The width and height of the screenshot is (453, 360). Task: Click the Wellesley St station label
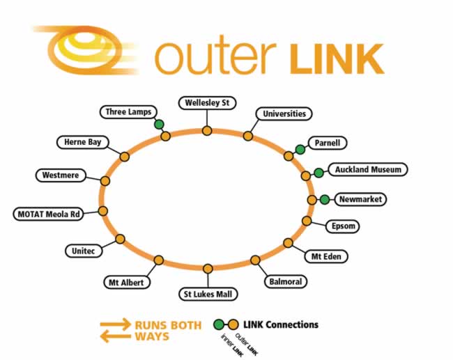coord(207,103)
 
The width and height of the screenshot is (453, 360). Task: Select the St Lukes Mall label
coord(207,294)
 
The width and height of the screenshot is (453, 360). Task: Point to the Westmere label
coord(60,175)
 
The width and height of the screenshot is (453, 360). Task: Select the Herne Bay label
coord(82,142)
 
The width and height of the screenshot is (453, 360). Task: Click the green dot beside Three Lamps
coord(159,125)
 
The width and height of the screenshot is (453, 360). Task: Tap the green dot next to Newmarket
coord(324,200)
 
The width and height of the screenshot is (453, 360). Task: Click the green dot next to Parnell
coord(300,148)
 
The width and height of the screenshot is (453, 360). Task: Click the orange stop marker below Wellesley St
coord(206,130)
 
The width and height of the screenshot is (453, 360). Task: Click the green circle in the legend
coord(219,324)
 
